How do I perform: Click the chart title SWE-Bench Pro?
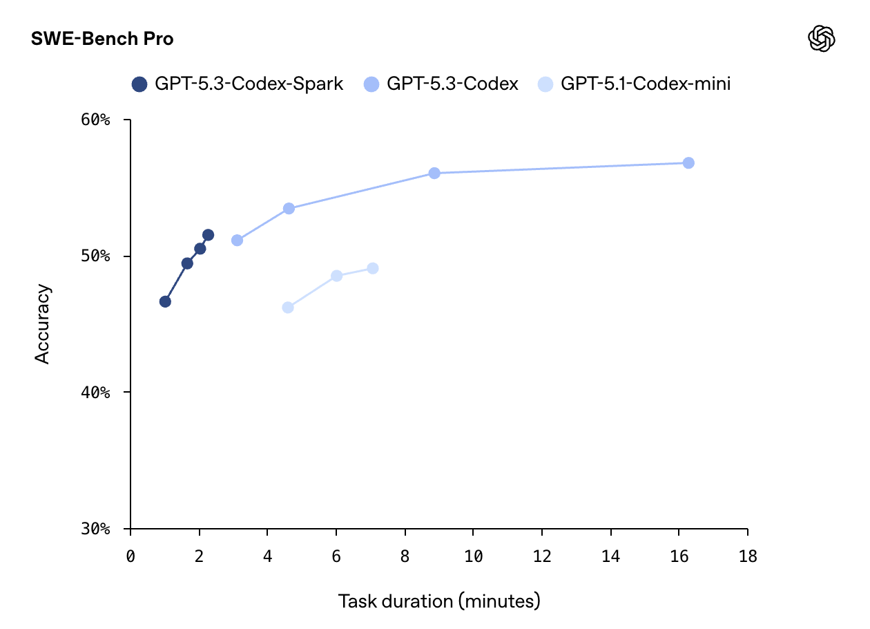[102, 39]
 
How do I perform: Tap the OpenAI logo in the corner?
[822, 39]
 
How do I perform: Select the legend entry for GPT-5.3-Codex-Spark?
[238, 84]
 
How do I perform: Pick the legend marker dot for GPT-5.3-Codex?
[371, 84]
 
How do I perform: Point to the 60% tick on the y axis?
[95, 120]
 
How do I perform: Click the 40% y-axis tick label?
[95, 393]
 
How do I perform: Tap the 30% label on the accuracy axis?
[95, 529]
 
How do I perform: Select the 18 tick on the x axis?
[747, 557]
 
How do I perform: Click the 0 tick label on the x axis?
[130, 557]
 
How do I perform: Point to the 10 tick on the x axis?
[473, 557]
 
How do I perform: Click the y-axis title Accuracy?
[43, 323]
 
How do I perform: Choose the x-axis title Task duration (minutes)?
[439, 601]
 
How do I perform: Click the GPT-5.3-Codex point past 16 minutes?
[688, 162]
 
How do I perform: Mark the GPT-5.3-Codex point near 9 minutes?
[434, 173]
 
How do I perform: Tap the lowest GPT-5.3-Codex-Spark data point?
[165, 301]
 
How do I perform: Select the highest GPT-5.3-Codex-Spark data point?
[208, 235]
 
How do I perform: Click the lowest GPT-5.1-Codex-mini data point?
[288, 308]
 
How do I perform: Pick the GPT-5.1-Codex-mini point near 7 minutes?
[373, 268]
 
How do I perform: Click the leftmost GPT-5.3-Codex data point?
[237, 241]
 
